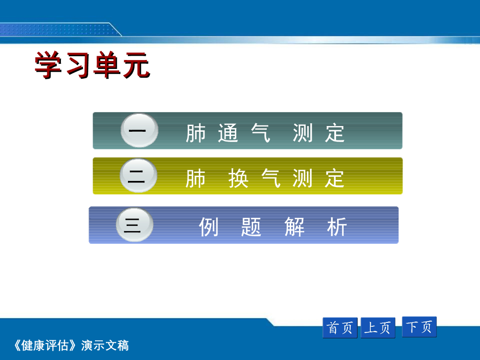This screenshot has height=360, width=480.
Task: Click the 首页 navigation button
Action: coord(340,328)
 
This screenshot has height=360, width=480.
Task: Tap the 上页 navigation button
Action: coord(378,328)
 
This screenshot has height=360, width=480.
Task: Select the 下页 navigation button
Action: coord(419,327)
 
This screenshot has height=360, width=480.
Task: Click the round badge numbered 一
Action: coord(139,131)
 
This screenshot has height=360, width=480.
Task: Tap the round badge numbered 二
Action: coord(138,176)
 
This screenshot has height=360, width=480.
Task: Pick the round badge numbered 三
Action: coord(135,225)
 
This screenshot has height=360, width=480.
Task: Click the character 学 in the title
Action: coord(47,65)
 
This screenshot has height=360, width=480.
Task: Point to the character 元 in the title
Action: coord(136,65)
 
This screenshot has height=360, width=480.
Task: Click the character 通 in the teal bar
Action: coord(228,133)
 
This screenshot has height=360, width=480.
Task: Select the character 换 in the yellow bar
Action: coord(238,178)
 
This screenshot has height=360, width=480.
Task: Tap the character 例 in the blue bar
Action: coord(209,227)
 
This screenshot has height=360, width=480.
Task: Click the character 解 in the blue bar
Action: coord(294,227)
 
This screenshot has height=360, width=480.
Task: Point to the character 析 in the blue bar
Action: coord(337,227)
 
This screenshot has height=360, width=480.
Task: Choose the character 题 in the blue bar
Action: coord(251,227)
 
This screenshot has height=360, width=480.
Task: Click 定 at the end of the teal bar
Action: coord(335,133)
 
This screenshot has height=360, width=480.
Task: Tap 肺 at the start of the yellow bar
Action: coord(195,178)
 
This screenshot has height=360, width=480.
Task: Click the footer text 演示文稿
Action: coord(105,345)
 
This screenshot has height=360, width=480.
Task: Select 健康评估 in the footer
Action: coord(45,345)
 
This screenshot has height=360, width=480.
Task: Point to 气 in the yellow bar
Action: coord(271,178)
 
